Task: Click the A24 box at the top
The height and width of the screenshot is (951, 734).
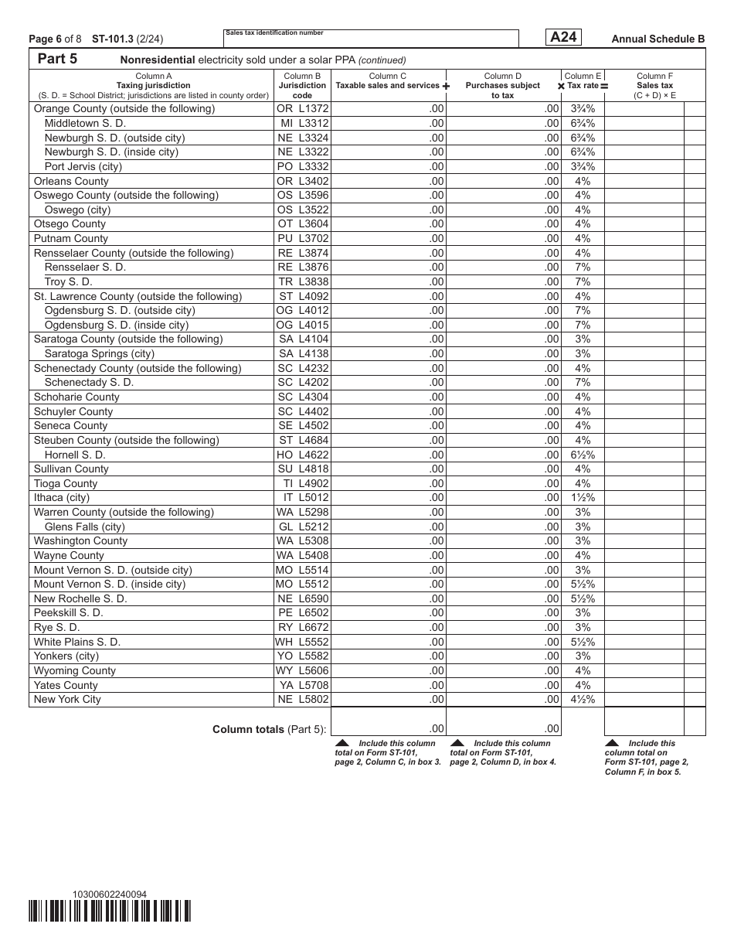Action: coord(563,37)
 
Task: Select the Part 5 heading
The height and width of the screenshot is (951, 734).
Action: coord(57,60)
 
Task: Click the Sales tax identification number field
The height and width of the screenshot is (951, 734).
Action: coord(371,39)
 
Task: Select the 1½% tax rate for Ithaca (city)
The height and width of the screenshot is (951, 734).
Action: coord(583,498)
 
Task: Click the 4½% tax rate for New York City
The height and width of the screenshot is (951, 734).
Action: coord(583,700)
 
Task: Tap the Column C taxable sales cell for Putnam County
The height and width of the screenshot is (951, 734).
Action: coord(389,239)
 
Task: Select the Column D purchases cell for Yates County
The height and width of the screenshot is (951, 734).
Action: coord(504,685)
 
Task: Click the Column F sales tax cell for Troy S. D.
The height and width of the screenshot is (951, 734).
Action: coord(644,281)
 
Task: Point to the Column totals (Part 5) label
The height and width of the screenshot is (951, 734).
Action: coord(269,729)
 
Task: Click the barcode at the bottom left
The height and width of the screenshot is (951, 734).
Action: coord(110,912)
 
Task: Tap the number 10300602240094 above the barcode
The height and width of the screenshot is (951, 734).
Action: coord(109,895)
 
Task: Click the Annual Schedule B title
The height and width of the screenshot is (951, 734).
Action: coord(658,39)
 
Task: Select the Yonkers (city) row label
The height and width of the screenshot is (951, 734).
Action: coord(66,656)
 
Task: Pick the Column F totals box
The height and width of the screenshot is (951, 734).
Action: coord(644,722)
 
